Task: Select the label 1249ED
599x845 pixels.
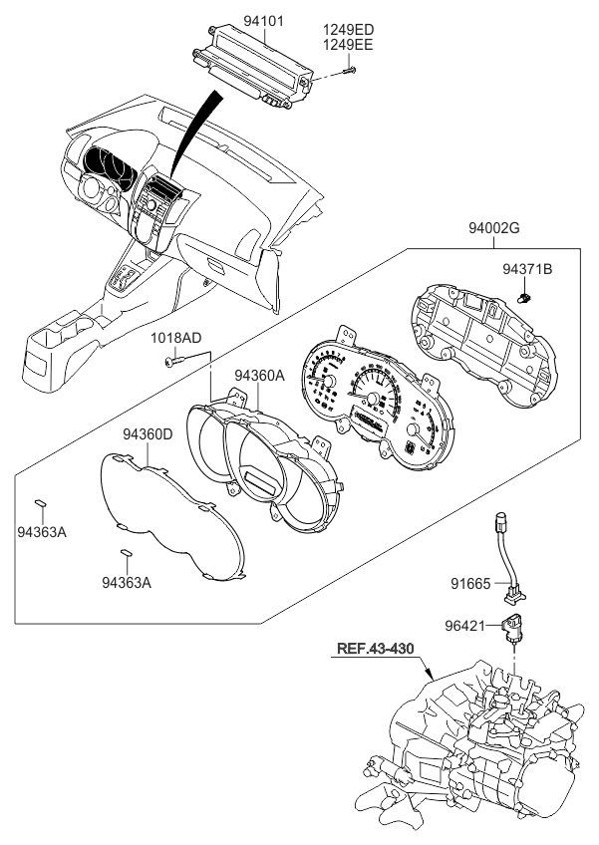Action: pos(348,31)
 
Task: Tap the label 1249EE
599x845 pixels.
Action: pos(348,45)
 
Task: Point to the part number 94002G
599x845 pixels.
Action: pos(494,229)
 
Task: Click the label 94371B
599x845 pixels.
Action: pos(527,269)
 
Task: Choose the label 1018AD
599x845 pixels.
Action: pos(175,339)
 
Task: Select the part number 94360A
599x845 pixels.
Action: pos(260,376)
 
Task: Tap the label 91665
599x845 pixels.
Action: pos(468,583)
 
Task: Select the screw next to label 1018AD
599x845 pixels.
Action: pos(175,361)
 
